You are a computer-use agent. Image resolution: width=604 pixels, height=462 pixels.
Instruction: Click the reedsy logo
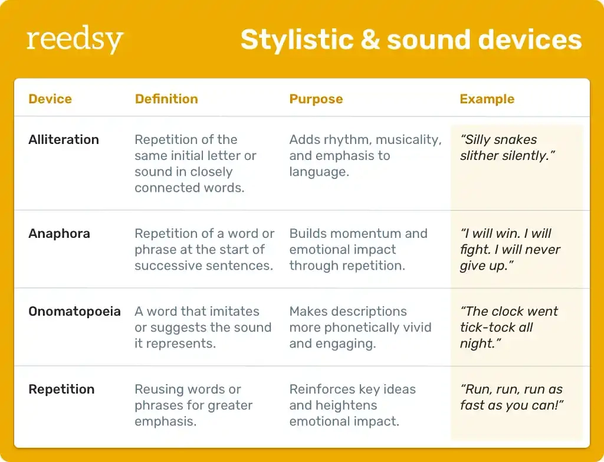click(75, 40)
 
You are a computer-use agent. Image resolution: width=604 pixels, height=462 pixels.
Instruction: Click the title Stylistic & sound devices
click(411, 40)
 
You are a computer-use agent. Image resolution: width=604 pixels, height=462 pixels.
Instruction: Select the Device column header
click(50, 99)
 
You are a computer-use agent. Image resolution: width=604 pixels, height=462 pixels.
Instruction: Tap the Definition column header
click(166, 99)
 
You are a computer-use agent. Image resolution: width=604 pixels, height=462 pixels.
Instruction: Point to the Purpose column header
click(316, 99)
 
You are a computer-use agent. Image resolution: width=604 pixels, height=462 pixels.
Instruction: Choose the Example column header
click(487, 99)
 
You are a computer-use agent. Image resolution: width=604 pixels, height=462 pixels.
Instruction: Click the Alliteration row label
click(64, 140)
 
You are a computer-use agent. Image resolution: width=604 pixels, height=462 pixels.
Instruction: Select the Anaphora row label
click(59, 234)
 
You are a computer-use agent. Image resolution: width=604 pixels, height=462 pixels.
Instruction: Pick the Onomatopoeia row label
click(74, 312)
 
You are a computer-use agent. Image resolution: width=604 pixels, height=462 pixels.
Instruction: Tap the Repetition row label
click(61, 389)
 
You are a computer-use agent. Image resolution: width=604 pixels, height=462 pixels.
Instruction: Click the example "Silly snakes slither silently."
click(507, 148)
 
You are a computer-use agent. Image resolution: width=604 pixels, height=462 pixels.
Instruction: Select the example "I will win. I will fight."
click(510, 250)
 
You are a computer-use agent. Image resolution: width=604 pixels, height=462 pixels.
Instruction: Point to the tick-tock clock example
click(508, 327)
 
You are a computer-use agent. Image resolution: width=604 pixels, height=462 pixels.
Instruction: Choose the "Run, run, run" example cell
click(511, 397)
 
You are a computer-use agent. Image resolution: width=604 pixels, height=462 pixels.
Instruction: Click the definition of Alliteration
click(195, 163)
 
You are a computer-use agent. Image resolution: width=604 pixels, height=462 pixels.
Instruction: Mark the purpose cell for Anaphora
click(358, 250)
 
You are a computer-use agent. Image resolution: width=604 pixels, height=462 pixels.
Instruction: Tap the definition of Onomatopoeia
click(202, 327)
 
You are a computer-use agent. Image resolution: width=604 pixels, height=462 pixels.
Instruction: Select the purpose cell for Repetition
click(352, 405)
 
